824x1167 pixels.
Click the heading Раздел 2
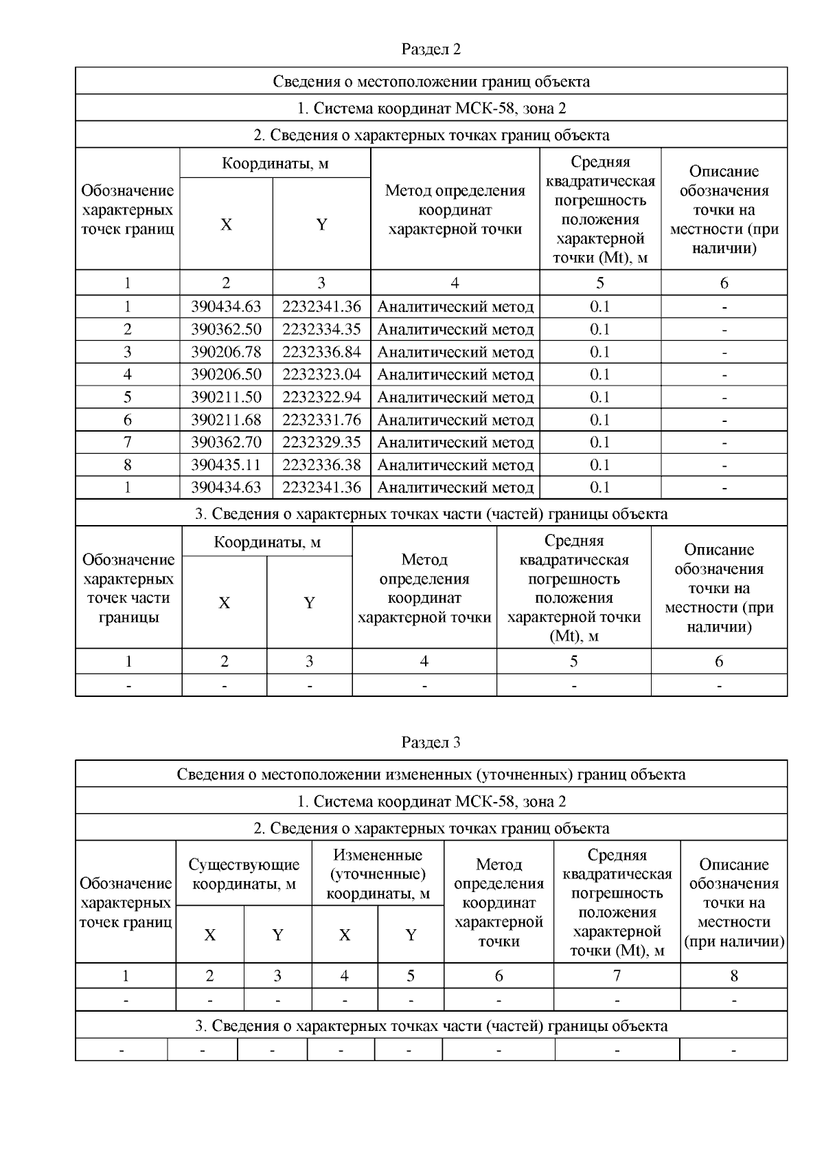[431, 49]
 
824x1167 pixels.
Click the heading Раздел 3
[431, 742]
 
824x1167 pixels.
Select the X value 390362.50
[226, 329]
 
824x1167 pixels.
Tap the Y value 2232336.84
[321, 352]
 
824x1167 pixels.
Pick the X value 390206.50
[226, 375]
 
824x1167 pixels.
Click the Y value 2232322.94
[321, 397]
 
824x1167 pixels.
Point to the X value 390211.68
[226, 420]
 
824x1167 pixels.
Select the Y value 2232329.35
[321, 442]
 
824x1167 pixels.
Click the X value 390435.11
[226, 465]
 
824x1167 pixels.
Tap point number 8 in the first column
[128, 465]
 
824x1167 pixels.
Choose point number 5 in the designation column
[128, 397]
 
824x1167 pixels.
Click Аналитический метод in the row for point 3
[455, 352]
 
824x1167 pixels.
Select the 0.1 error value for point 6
[600, 420]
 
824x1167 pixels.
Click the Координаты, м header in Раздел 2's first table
[275, 164]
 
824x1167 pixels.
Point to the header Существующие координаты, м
[244, 874]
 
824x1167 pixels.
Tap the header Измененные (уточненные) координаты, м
[378, 874]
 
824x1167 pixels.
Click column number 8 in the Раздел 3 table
[734, 976]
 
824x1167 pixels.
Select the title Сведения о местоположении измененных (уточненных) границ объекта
[431, 775]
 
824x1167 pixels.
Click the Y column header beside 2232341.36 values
[321, 224]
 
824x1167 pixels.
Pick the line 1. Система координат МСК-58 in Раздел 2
[431, 108]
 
